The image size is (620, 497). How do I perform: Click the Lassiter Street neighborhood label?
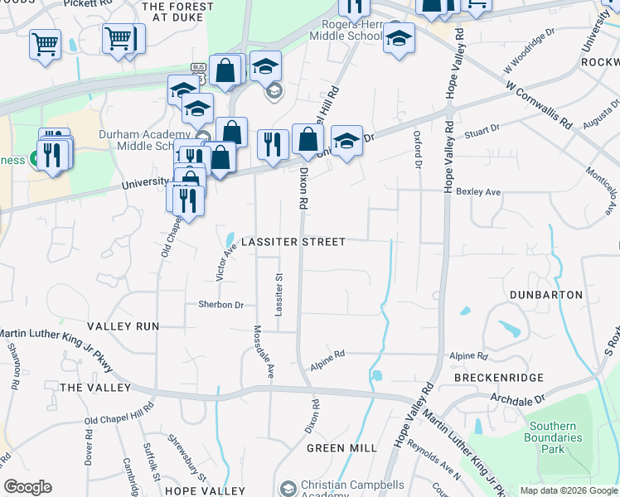click(293, 242)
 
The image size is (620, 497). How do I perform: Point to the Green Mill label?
click(341, 448)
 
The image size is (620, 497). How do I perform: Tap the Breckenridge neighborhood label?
click(499, 378)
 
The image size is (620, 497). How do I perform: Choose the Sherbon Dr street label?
click(220, 305)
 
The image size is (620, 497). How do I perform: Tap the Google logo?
click(27, 487)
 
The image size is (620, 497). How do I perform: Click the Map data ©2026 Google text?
click(568, 490)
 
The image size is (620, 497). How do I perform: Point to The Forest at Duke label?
click(177, 12)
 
